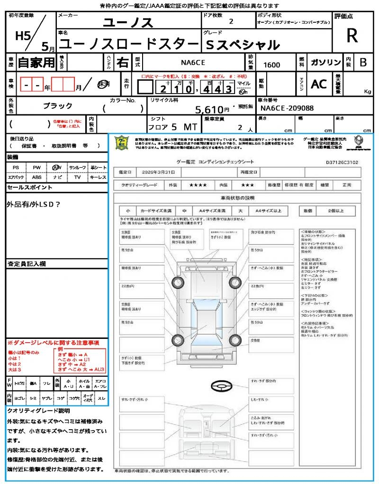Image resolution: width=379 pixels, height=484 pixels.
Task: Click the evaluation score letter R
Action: pyautogui.click(x=352, y=36)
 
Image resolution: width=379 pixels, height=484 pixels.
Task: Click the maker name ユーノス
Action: pyautogui.click(x=128, y=22)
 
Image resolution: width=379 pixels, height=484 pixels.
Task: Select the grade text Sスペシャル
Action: pyautogui.click(x=243, y=45)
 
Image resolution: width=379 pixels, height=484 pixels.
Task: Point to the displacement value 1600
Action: pyautogui.click(x=271, y=65)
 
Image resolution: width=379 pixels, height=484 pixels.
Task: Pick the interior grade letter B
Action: pyautogui.click(x=363, y=62)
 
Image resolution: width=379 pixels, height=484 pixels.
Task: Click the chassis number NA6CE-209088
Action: pyautogui.click(x=287, y=108)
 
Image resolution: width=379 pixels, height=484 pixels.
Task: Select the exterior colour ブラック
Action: pyautogui.click(x=58, y=106)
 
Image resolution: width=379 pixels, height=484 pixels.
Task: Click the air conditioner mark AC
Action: pyautogui.click(x=319, y=84)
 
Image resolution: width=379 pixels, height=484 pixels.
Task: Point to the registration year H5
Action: pyautogui.click(x=23, y=36)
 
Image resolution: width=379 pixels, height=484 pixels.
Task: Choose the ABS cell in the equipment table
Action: pyautogui.click(x=36, y=177)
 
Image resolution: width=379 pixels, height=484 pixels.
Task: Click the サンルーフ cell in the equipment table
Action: pyautogui.click(x=78, y=168)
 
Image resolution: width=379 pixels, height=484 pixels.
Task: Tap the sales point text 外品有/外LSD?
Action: pyautogui.click(x=34, y=204)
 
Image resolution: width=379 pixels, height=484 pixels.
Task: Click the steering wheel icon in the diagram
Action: pyautogui.click(x=221, y=387)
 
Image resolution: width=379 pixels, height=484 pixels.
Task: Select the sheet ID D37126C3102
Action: pyautogui.click(x=342, y=162)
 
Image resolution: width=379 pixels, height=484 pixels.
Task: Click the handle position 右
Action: pyautogui.click(x=122, y=62)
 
